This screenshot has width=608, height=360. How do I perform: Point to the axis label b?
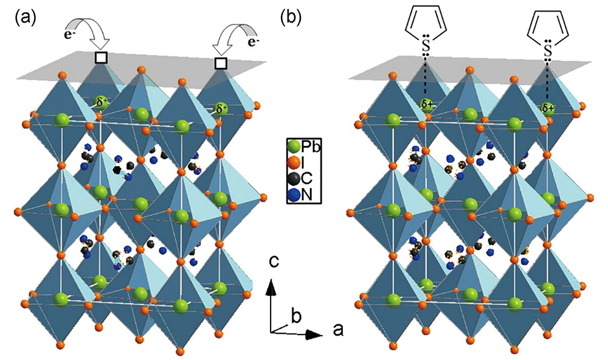coord(297,316)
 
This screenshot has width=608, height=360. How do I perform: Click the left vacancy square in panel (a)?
coord(101,57)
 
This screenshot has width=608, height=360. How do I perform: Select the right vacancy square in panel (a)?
coord(221,63)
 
